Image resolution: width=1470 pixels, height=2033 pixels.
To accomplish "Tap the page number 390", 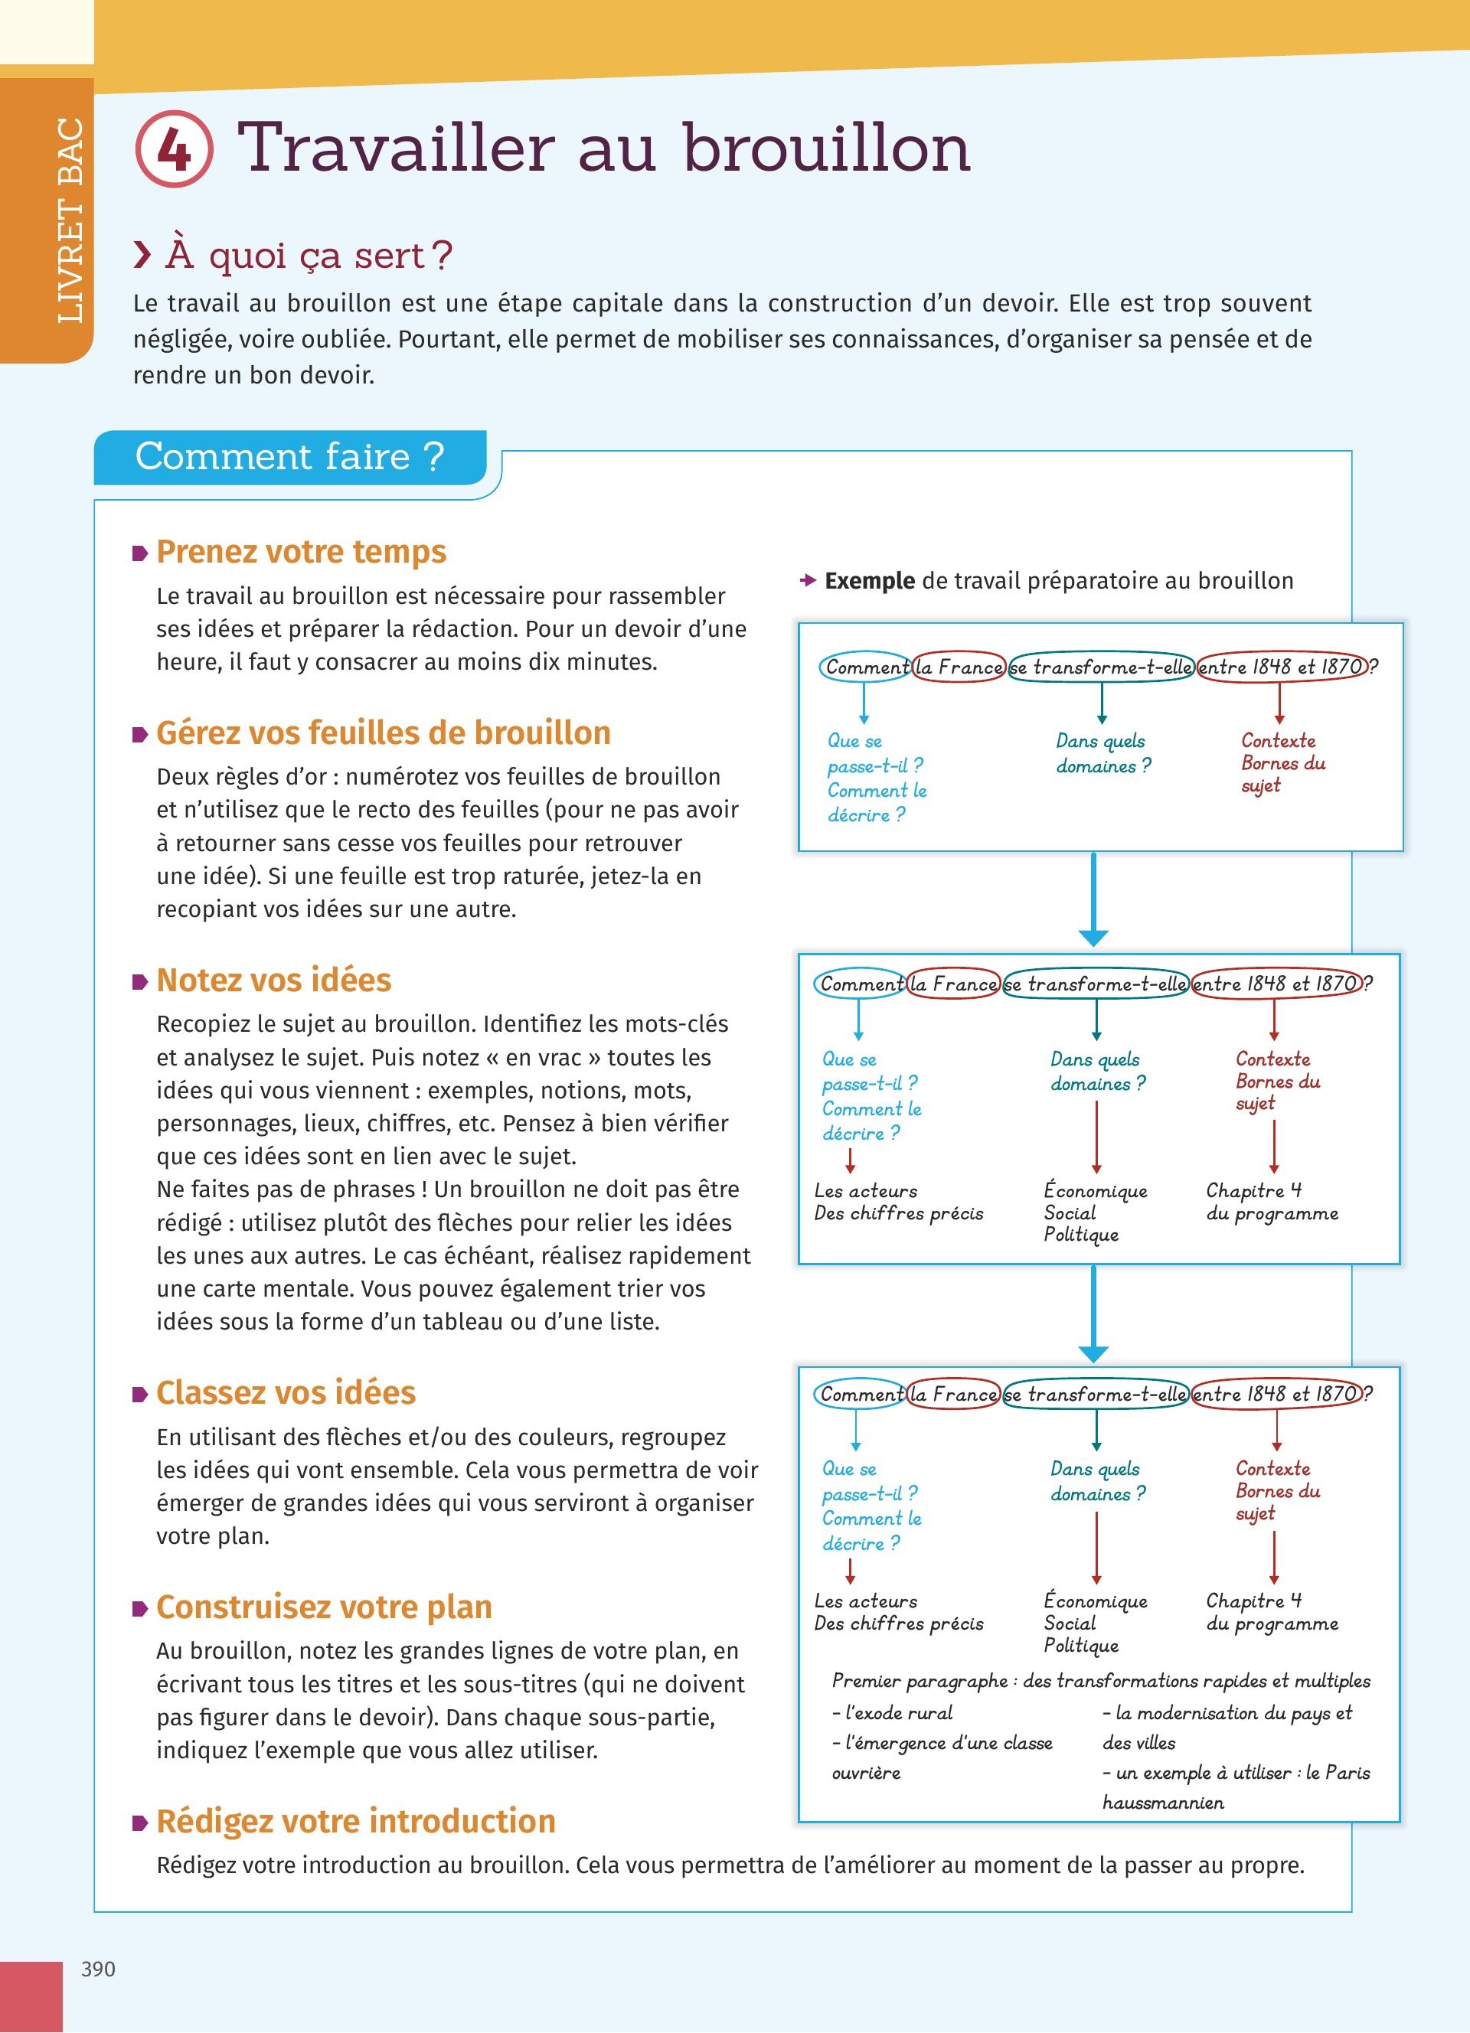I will click(98, 1969).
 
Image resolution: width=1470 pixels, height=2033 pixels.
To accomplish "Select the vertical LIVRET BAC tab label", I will click(70, 220).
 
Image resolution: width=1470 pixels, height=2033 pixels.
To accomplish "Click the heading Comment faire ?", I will click(289, 456).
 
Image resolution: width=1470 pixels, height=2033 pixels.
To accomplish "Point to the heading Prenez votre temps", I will click(301, 551).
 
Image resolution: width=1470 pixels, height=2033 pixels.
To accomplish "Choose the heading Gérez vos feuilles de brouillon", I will click(383, 733).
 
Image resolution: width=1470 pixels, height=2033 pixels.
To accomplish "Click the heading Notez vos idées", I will click(273, 980).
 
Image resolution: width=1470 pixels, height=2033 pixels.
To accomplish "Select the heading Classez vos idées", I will click(285, 1392).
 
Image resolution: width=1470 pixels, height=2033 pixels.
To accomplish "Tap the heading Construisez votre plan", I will click(324, 1607).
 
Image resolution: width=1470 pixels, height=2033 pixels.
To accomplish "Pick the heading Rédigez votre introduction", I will click(356, 1820).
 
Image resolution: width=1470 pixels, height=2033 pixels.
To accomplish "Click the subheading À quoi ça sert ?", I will click(309, 256).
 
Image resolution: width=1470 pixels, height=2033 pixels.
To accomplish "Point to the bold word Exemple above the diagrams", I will click(870, 581).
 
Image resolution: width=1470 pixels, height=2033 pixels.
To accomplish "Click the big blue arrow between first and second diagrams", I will click(1093, 899).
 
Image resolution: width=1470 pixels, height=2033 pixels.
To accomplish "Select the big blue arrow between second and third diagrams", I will click(1093, 1313).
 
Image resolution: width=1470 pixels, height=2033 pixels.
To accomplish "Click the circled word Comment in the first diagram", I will click(866, 667).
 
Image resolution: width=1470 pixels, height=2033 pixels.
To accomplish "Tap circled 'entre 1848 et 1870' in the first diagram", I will click(1282, 667).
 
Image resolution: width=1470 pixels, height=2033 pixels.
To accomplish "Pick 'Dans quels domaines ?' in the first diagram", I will click(1102, 753).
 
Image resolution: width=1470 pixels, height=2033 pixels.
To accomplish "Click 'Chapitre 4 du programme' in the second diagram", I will click(1271, 1201).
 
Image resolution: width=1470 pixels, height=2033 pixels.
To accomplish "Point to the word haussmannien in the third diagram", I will click(1162, 1803).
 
